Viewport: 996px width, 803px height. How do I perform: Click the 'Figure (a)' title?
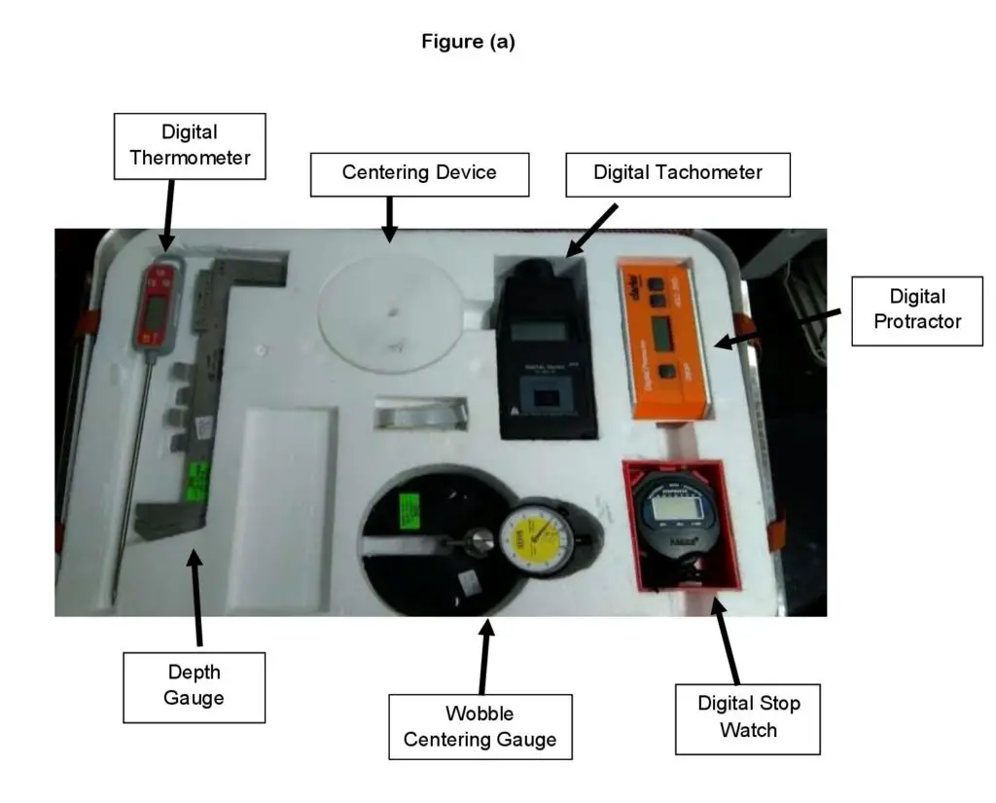pyautogui.click(x=468, y=42)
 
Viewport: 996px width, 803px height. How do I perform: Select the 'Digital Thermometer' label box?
pyautogui.click(x=190, y=145)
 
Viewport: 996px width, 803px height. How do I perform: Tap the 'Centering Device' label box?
pyautogui.click(x=419, y=173)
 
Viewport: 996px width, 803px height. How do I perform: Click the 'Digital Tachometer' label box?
pyautogui.click(x=677, y=173)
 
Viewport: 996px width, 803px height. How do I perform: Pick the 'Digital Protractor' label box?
pyautogui.click(x=916, y=310)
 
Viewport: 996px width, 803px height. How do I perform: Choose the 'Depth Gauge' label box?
pyautogui.click(x=195, y=685)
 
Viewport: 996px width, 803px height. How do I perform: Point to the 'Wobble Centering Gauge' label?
pyautogui.click(x=480, y=726)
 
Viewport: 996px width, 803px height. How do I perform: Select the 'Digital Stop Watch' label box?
pyautogui.click(x=747, y=717)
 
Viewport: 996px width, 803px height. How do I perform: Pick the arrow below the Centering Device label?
pyautogui.click(x=389, y=219)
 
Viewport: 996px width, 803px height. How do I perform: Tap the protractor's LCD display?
pyautogui.click(x=663, y=334)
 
